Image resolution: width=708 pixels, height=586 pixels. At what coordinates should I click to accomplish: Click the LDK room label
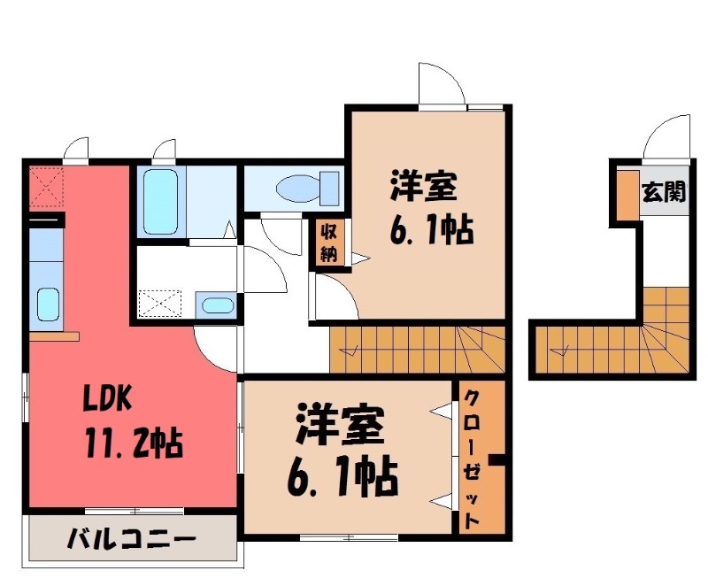[x=108, y=401]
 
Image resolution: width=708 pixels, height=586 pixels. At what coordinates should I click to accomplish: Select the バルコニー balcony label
[x=131, y=538]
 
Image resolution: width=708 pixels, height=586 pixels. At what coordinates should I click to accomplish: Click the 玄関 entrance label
[x=663, y=191]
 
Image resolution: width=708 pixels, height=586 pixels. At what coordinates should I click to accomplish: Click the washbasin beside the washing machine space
[x=216, y=306]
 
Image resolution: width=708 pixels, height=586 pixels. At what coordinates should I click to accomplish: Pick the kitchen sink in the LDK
[x=48, y=306]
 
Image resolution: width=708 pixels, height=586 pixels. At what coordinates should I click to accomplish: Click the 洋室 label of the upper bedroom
[x=423, y=189]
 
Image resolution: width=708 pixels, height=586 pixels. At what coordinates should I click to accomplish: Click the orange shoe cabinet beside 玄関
[x=625, y=194]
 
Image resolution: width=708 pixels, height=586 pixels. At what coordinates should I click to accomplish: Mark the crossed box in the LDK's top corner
[x=45, y=188]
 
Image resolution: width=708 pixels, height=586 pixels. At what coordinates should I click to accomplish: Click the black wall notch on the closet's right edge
[x=498, y=459]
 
